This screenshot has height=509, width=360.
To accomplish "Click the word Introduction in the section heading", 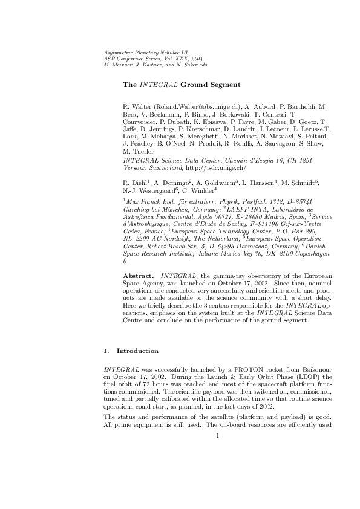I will pyautogui.click(x=137, y=351).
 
